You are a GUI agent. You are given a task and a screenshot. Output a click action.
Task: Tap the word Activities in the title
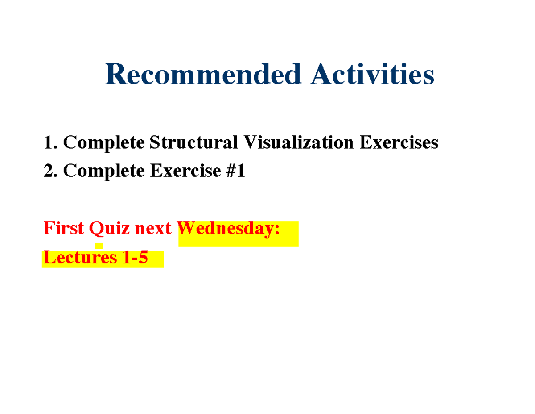coord(373,75)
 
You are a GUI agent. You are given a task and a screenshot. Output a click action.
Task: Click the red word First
coord(64,229)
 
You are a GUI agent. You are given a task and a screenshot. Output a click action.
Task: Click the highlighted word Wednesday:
coord(230,229)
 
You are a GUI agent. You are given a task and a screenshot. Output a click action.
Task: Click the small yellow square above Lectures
coord(99,246)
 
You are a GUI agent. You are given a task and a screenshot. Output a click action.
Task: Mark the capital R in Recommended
coord(116,75)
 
